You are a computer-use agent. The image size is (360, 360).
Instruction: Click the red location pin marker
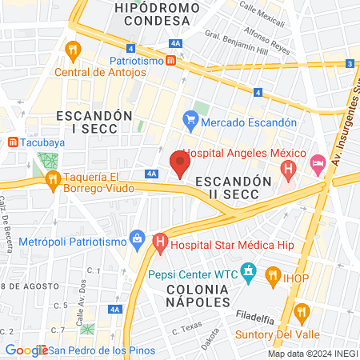(x=180, y=164)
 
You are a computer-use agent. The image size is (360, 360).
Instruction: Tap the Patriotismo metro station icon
(x=171, y=60)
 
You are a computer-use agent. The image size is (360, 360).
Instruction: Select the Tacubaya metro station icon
(x=12, y=142)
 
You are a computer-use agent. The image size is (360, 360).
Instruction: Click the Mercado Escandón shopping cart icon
(x=190, y=122)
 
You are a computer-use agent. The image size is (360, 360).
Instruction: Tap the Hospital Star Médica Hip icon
(x=160, y=240)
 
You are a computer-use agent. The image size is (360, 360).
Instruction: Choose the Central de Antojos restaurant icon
(x=74, y=51)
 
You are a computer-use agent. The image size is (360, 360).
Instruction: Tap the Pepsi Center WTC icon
(x=249, y=273)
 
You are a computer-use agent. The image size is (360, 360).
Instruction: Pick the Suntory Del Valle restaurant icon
(x=302, y=311)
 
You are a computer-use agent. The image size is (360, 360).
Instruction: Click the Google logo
(x=26, y=350)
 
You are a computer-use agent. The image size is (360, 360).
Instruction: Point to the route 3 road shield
(x=350, y=63)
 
